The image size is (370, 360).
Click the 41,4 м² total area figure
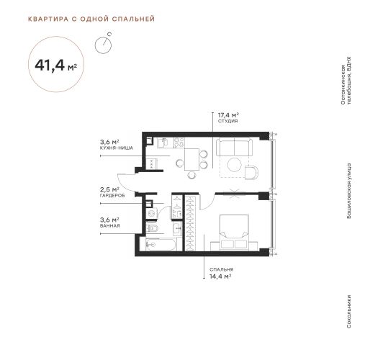(x=56, y=66)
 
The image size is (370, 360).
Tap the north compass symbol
(x=104, y=44)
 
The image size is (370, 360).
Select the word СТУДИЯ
(x=227, y=121)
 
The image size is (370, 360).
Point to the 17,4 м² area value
(x=228, y=115)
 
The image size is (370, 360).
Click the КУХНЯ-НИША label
(x=117, y=148)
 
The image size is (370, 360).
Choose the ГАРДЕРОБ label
(x=112, y=196)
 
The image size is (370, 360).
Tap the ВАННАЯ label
(x=109, y=226)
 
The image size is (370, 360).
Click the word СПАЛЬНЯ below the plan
(x=221, y=269)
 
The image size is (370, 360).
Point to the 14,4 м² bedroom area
(x=220, y=276)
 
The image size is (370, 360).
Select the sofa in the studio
(x=234, y=147)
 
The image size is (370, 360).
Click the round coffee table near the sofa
(x=235, y=165)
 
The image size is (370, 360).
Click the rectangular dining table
(x=191, y=159)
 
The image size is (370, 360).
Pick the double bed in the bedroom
(x=234, y=233)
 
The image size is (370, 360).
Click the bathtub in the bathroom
(x=161, y=245)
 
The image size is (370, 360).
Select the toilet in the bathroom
(x=152, y=228)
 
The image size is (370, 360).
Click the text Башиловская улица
(x=349, y=191)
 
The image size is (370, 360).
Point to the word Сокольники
(x=349, y=311)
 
